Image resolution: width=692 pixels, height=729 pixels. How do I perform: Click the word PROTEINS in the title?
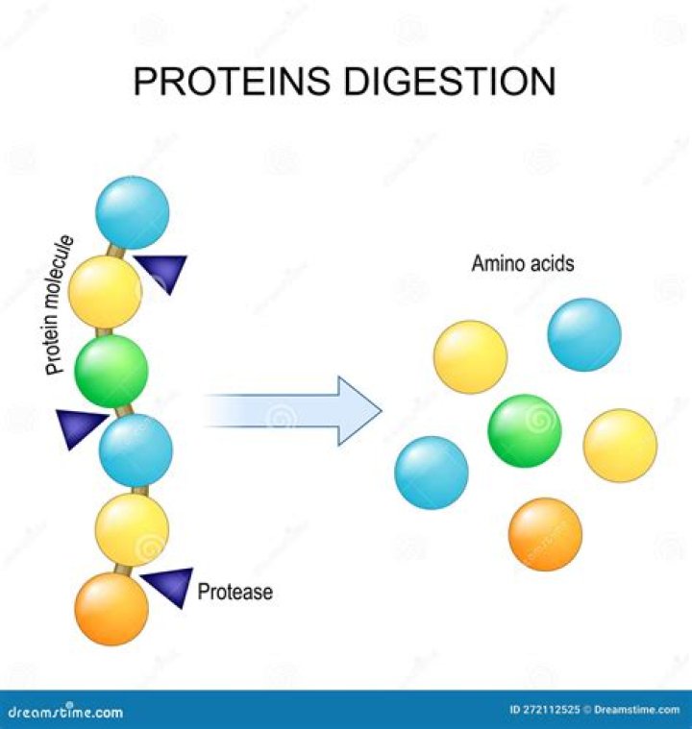[x=231, y=81]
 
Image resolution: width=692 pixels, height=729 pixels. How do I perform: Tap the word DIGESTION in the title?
[x=450, y=81]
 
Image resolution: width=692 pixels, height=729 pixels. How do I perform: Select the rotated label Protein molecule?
[x=59, y=305]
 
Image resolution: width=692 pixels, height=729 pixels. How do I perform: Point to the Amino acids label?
[x=523, y=263]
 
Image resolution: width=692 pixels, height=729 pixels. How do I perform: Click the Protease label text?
[x=235, y=592]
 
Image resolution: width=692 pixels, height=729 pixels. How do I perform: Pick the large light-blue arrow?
[x=293, y=411]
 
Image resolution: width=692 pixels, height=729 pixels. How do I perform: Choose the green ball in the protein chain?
[x=111, y=372]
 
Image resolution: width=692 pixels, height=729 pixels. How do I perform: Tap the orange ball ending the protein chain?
[x=111, y=609]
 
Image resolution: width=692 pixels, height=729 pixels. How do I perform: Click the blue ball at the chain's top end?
[x=133, y=212]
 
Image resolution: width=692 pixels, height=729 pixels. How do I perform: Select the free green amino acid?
[x=525, y=431]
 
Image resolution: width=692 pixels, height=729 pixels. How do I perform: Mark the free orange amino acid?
[x=545, y=535]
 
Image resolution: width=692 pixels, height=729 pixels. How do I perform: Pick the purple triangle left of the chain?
[x=79, y=427]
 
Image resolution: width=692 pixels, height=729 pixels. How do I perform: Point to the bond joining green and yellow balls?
[x=104, y=332]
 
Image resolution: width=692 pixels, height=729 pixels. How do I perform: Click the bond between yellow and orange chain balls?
[x=123, y=570]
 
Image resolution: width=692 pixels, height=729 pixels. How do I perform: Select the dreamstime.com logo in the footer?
[x=65, y=712]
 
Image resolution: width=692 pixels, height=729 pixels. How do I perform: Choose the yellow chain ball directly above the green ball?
[x=105, y=292]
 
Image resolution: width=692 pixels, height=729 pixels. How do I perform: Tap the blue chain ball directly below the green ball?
[x=136, y=450]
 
